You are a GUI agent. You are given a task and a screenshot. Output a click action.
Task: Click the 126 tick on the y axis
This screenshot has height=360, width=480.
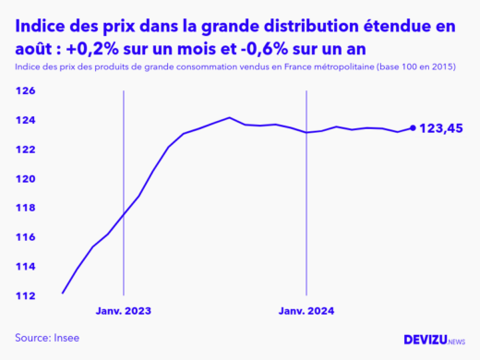[x=25, y=91]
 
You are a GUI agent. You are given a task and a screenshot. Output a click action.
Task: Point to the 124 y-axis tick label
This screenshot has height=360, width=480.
[x=25, y=121]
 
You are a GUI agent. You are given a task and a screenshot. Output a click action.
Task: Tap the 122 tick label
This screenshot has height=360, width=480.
[x=25, y=150]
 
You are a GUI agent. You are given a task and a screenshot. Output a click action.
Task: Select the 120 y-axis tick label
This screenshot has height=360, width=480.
[x=25, y=179]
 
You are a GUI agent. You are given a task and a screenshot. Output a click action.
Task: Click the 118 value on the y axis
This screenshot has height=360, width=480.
[x=25, y=209]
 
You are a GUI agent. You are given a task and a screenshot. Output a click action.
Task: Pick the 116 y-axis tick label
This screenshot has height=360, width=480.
[x=25, y=237]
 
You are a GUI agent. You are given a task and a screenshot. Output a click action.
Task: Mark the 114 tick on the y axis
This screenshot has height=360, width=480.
[x=25, y=267]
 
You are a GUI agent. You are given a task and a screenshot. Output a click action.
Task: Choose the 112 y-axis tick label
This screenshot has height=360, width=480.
[x=25, y=296]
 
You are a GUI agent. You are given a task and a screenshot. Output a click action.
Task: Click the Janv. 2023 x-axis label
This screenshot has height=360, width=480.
[x=123, y=312]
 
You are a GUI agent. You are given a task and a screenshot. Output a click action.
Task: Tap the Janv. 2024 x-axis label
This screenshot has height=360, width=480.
[x=306, y=312]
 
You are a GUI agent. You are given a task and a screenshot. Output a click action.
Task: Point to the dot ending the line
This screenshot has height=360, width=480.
[x=413, y=128]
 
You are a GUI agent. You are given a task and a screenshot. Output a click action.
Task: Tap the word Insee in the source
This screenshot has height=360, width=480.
[x=65, y=338]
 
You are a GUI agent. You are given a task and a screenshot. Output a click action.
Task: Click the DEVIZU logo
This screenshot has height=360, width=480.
[x=434, y=340]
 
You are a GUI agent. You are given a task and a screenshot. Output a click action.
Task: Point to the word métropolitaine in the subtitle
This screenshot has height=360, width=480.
[x=343, y=67]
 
